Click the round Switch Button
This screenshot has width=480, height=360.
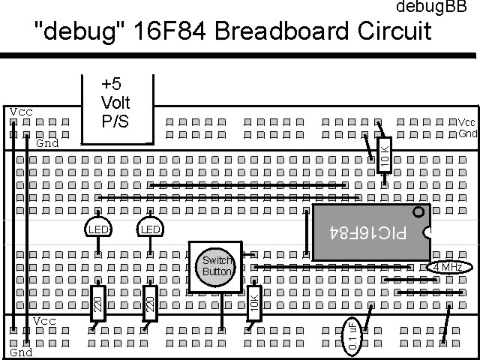click(216, 266)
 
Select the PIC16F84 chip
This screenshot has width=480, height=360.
click(369, 232)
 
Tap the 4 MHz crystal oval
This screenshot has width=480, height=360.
click(448, 267)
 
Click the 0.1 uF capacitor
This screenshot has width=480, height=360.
click(353, 335)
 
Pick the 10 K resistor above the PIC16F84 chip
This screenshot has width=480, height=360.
click(385, 154)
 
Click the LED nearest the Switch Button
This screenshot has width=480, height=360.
click(150, 228)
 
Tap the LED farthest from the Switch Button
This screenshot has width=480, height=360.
click(98, 228)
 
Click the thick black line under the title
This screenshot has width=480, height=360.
click(240, 55)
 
